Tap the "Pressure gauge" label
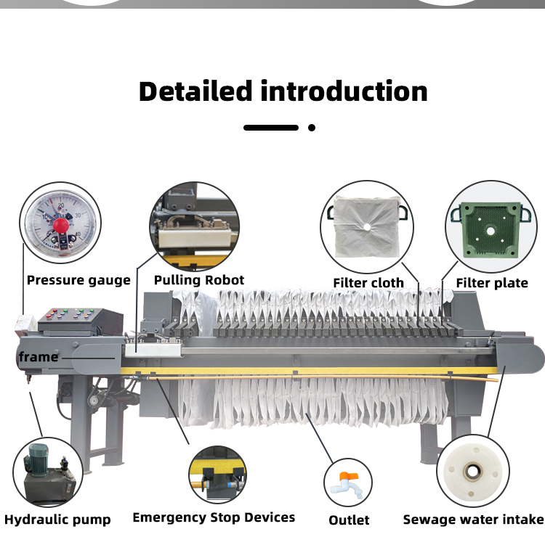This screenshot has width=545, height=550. pos(78,280)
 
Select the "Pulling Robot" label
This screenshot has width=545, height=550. pos(198,279)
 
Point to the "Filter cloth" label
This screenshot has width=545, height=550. pos(368,282)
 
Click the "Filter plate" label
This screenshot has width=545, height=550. pos(492,282)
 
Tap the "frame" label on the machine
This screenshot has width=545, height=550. pos(39,356)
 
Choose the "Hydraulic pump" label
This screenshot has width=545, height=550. pos(57,519)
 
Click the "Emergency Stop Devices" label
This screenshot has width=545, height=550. pos(214,517)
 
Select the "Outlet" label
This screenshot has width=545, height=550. pos(349,520)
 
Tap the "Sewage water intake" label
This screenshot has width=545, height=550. pos(473,519)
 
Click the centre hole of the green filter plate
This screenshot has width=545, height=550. pos(492,232)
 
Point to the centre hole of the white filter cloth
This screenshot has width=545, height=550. pos(368,227)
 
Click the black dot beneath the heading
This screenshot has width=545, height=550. pos(312,128)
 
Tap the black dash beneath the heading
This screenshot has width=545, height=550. pos(271,128)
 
